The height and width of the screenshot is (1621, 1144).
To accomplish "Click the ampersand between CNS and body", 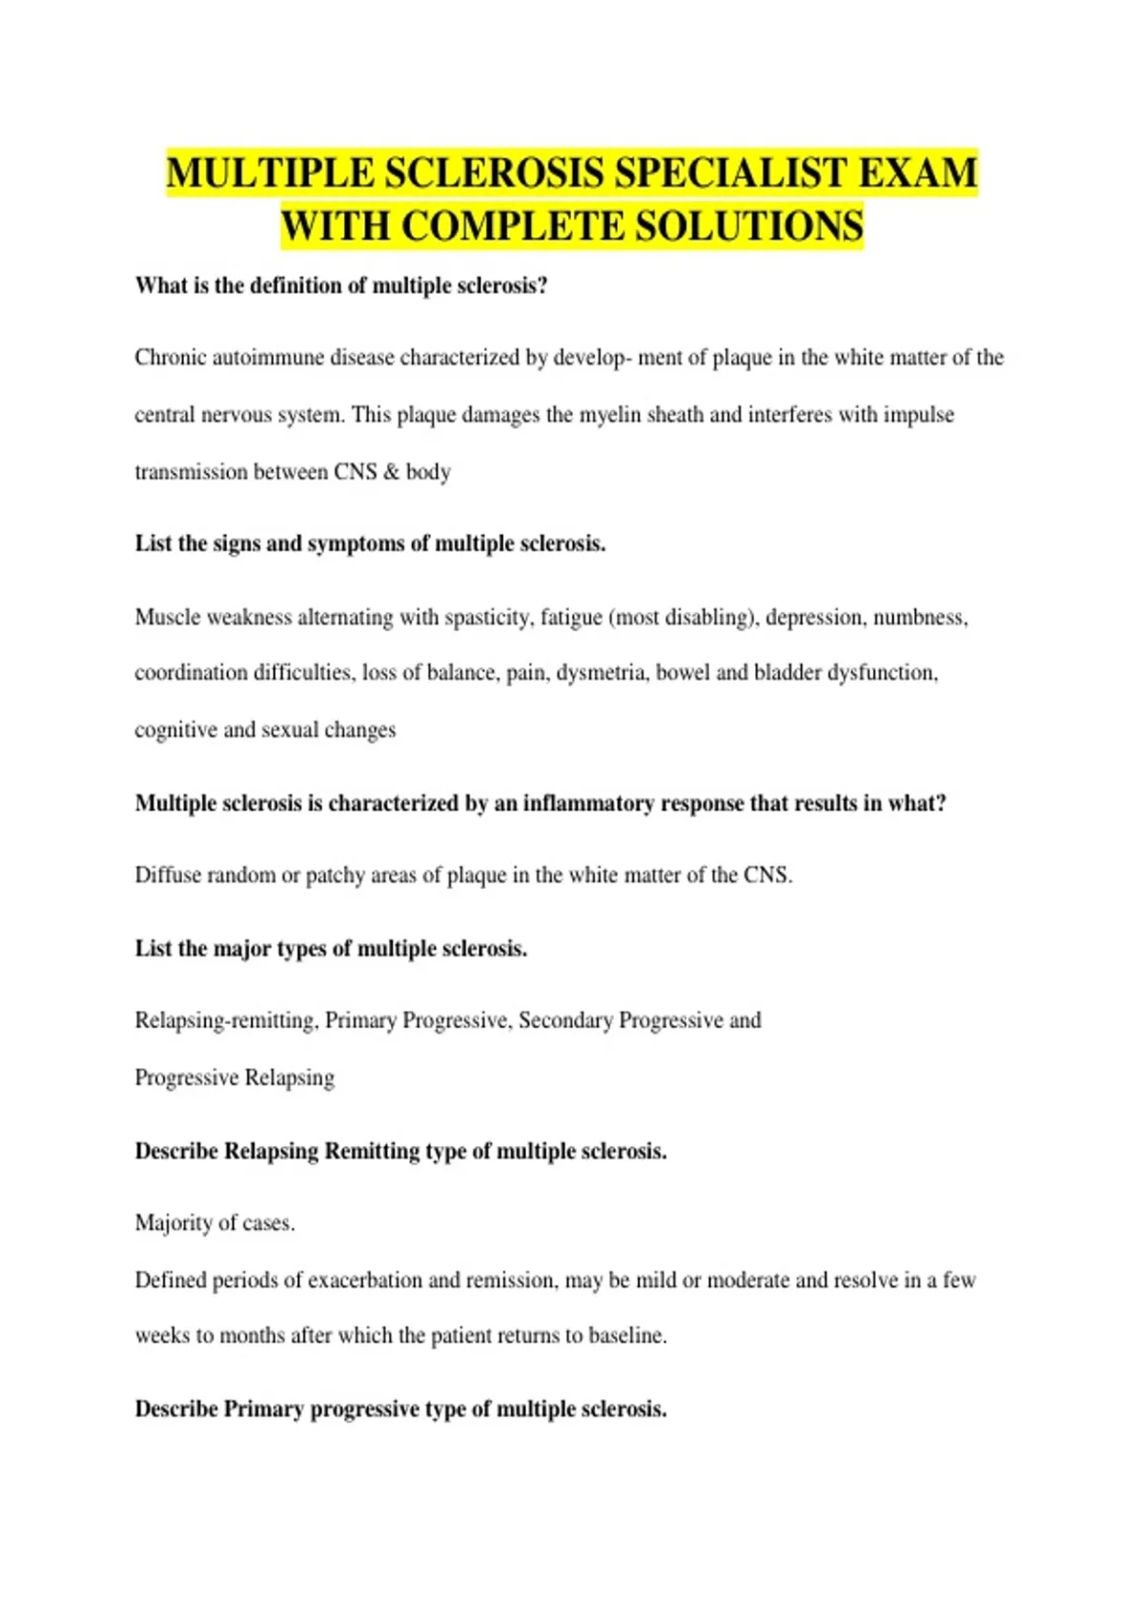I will tap(391, 472).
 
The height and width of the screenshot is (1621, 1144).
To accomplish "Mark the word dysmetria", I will tap(601, 673).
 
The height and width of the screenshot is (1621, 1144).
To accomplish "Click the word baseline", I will tap(625, 1335).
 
